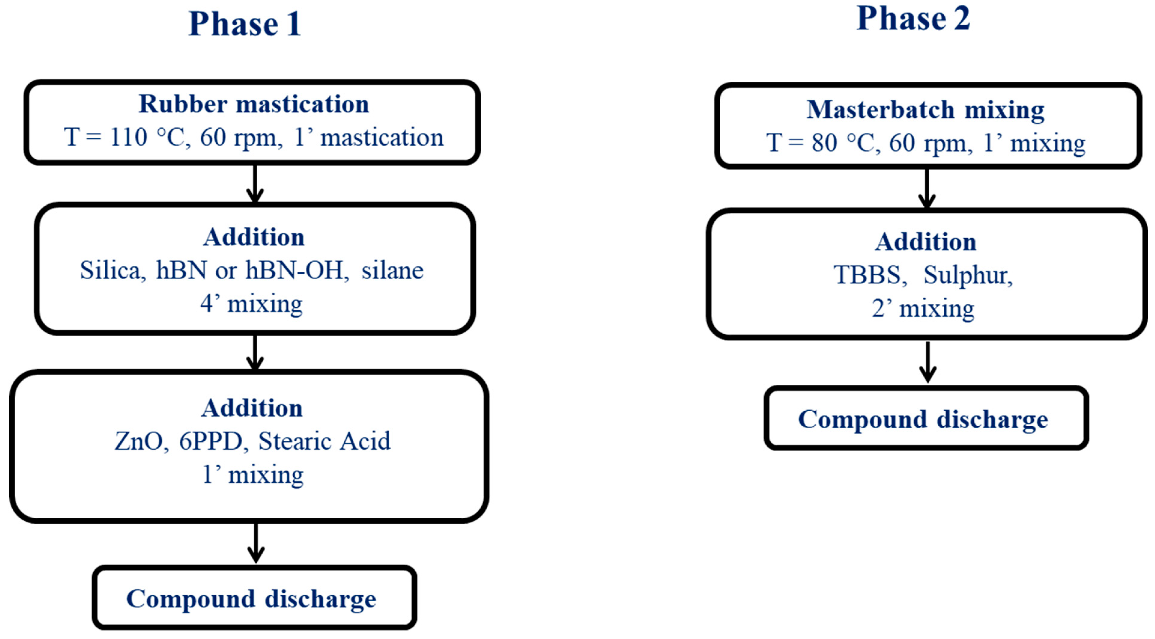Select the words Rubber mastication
254,104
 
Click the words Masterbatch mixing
926,110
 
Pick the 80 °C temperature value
843,143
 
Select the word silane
392,270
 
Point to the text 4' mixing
251,304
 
